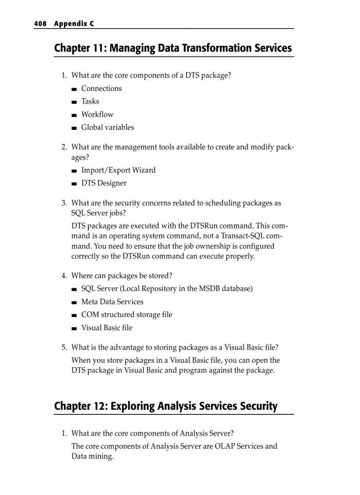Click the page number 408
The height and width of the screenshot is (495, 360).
[x=40, y=24]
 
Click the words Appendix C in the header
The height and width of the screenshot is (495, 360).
[x=74, y=24]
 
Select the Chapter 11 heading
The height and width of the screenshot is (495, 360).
[x=173, y=48]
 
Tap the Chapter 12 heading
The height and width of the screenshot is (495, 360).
[x=166, y=406]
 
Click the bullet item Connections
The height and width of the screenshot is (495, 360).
[x=101, y=89]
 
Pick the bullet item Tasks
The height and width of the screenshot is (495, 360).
[x=90, y=101]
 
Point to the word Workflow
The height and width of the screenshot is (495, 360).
[x=97, y=115]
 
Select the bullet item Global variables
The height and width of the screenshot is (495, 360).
[x=108, y=127]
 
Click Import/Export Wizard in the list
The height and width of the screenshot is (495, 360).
[x=118, y=170]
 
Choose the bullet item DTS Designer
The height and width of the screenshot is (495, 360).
[x=104, y=183]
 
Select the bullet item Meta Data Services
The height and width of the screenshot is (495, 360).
[x=112, y=302]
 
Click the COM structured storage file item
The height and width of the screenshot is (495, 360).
[x=127, y=315]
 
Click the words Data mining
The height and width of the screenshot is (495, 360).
[x=92, y=456]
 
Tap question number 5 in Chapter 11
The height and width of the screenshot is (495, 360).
[x=64, y=347]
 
